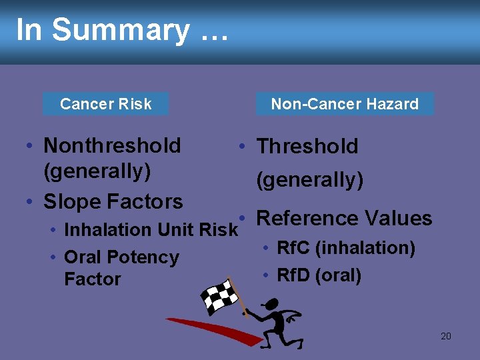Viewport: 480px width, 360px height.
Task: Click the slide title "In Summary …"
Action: (x=121, y=30)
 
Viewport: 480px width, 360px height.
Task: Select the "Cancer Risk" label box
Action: (x=105, y=104)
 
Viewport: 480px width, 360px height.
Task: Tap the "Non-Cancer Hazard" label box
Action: (x=345, y=104)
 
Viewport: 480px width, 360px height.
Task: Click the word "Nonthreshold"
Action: (x=112, y=145)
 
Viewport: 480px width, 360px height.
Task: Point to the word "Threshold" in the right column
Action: (x=307, y=147)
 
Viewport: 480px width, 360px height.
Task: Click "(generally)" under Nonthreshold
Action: (x=97, y=171)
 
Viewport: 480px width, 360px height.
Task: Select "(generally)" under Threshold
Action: (x=310, y=180)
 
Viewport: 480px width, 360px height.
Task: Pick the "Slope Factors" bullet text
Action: (x=113, y=201)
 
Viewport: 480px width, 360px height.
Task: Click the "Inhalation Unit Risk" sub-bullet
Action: (x=150, y=230)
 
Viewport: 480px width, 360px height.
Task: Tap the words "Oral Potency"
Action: (x=121, y=257)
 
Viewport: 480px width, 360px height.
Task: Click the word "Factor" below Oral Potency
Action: (x=92, y=279)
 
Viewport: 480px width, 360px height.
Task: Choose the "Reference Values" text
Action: (x=344, y=219)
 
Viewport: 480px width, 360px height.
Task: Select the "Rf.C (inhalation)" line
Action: (x=345, y=249)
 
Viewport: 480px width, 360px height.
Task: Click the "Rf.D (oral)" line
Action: (x=319, y=275)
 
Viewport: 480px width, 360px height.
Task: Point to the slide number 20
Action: (x=446, y=336)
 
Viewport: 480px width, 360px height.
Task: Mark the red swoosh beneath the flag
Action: (x=213, y=330)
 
